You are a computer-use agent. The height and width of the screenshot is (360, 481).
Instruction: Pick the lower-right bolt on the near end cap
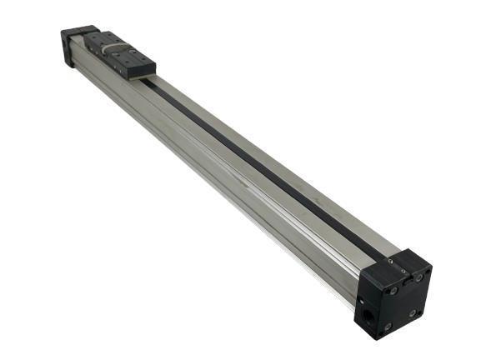point(411,313)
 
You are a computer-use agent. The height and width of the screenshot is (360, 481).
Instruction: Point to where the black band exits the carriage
point(150,81)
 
